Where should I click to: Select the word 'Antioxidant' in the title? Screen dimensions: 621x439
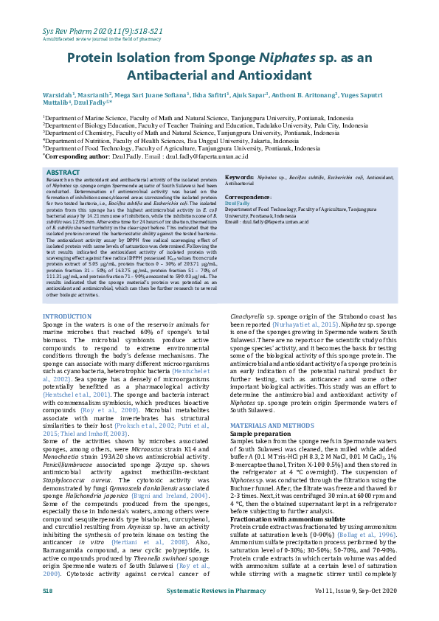click(x=263, y=76)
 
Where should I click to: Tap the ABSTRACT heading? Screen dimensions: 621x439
click(x=63, y=172)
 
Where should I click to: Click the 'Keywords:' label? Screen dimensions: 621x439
click(x=240, y=178)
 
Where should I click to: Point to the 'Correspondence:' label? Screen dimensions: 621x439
click(x=249, y=198)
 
